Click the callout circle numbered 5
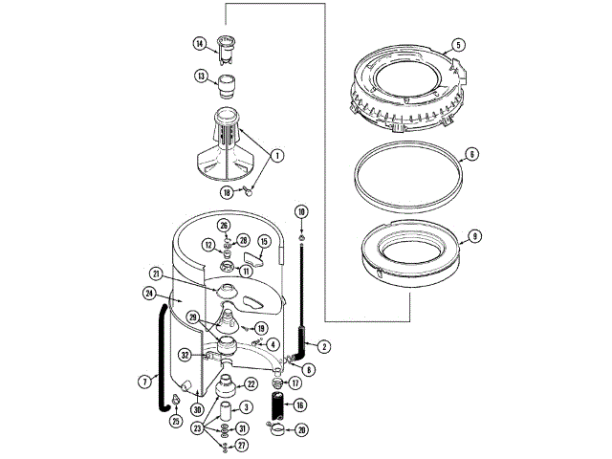click(x=458, y=45)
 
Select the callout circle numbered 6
click(x=472, y=154)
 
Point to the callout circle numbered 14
click(x=200, y=43)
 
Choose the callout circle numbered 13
click(x=202, y=76)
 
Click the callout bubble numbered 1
click(x=278, y=154)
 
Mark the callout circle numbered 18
click(x=227, y=191)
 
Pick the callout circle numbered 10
click(x=301, y=210)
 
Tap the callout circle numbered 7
click(x=145, y=380)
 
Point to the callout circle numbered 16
click(x=301, y=405)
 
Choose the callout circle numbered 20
click(x=302, y=430)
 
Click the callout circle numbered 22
click(x=251, y=384)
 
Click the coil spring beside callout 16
click(x=277, y=406)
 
